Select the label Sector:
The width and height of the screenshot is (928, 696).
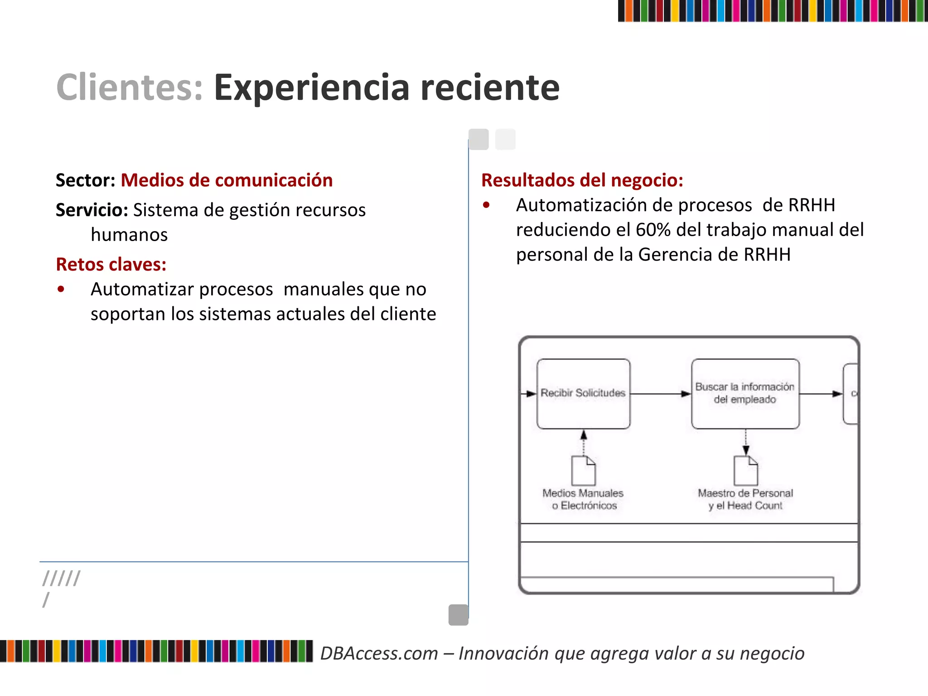tap(86, 180)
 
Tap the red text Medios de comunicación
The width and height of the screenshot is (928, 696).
tap(227, 180)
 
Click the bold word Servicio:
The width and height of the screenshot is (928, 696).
tap(92, 210)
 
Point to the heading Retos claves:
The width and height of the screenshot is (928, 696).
tap(111, 264)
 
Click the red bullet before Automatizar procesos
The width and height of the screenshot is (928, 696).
tap(61, 289)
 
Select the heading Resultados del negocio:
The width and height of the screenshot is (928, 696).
tap(582, 180)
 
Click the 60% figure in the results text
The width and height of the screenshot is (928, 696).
tap(653, 230)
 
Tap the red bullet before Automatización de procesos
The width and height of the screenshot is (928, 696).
tap(486, 205)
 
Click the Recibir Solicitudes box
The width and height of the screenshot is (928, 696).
tap(583, 393)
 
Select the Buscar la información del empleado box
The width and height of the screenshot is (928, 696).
tap(745, 393)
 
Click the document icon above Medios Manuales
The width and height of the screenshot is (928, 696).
tap(583, 470)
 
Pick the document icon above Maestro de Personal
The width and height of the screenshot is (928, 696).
tap(745, 470)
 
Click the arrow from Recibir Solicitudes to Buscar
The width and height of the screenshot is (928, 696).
tap(661, 394)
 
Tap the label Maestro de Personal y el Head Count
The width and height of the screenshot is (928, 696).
tap(745, 499)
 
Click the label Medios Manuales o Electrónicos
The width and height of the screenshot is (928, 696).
tap(583, 499)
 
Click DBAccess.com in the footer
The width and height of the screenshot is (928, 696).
tap(379, 653)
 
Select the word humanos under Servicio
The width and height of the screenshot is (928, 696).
tap(129, 235)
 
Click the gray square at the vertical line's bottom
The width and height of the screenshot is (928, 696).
tap(458, 615)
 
